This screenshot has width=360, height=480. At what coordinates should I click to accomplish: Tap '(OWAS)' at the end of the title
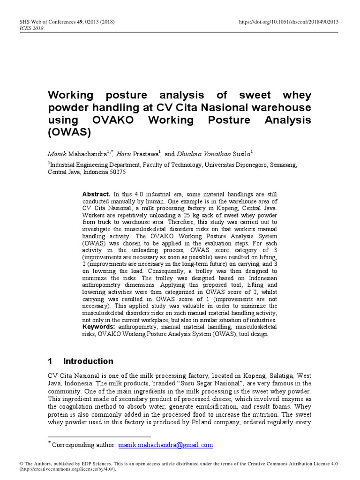coord(69,132)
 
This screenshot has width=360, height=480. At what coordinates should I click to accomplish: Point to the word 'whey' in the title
coord(295,96)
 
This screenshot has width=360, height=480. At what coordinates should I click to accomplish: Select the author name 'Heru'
coord(125,154)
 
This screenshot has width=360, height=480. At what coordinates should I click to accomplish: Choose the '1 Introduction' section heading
coord(81,361)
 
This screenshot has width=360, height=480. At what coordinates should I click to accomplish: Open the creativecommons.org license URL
coord(67,469)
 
